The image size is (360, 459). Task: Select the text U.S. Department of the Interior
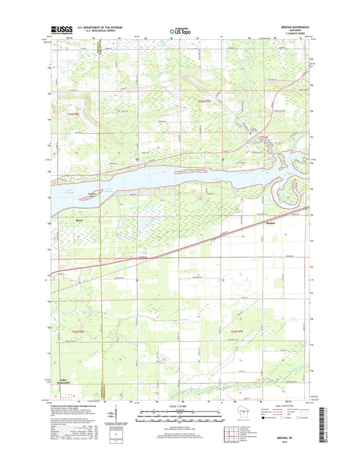100,28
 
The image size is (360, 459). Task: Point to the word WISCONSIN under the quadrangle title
288,31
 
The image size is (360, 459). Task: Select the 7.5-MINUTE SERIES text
288,34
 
